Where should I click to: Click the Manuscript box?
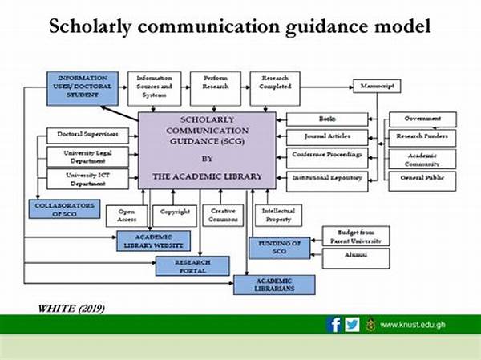coord(377,86)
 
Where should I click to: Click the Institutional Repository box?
coord(328,178)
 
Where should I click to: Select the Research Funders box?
coord(422,136)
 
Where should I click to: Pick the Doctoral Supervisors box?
coord(83,136)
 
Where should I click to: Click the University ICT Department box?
coord(83,178)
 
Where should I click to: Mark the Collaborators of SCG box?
coord(66,208)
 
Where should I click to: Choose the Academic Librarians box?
coord(274,285)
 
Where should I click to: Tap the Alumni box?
coord(356,257)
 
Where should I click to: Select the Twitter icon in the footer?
coord(352,324)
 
